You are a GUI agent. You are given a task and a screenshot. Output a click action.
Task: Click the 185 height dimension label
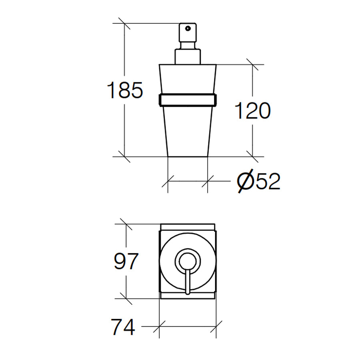[125, 90]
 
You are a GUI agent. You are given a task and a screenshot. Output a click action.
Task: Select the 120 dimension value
[252, 111]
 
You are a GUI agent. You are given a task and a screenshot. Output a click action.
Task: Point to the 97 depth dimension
[126, 262]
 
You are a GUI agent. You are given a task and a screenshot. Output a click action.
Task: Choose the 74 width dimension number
[123, 328]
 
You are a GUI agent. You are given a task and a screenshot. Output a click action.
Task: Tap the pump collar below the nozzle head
[187, 56]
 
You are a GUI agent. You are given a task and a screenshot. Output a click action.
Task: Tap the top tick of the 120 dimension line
[252, 64]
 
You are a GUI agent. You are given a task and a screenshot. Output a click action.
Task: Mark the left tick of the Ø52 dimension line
[168, 182]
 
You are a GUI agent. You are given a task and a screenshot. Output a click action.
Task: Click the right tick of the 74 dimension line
[216, 326]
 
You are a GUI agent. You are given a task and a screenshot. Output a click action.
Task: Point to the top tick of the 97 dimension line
[126, 224]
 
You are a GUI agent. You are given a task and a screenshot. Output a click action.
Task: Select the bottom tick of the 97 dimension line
[126, 299]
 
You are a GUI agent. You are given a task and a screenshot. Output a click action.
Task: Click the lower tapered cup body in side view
[187, 132]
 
